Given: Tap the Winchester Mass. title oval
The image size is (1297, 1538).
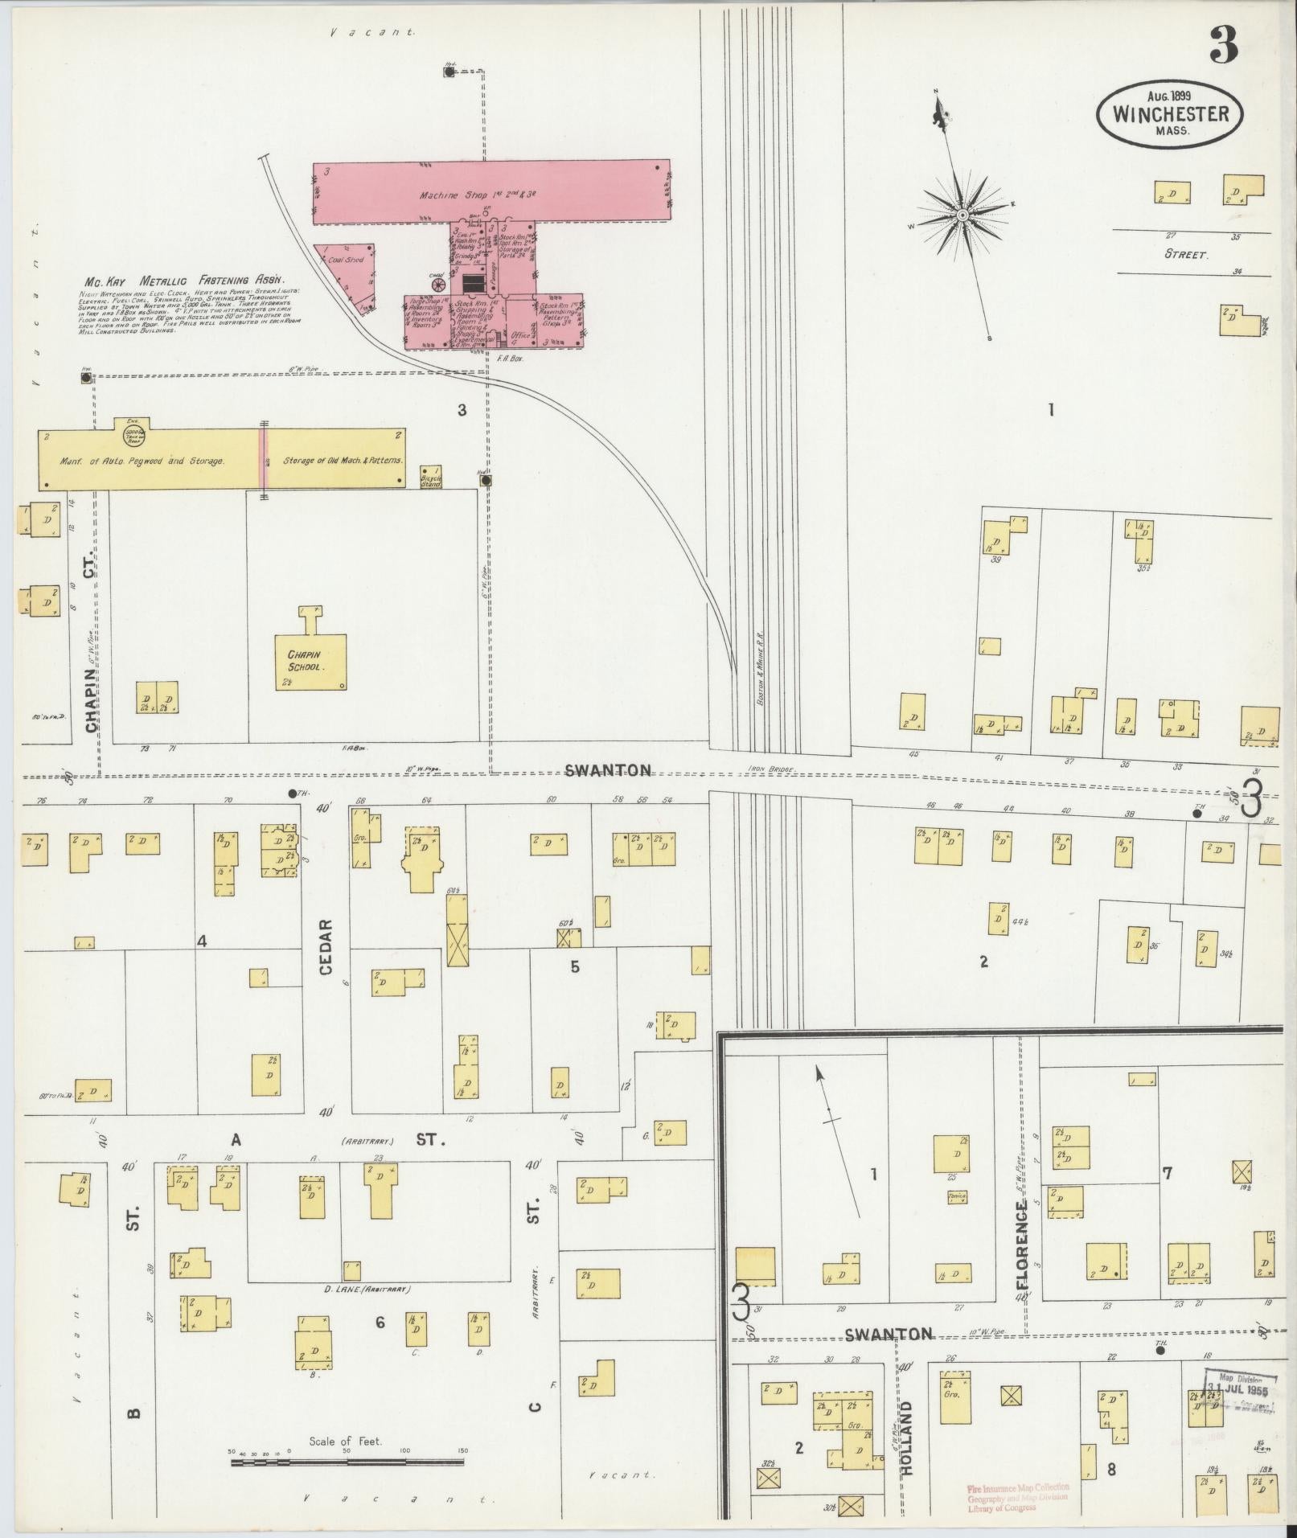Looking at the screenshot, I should coord(1170,115).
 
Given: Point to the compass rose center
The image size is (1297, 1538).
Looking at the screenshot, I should coord(962,215).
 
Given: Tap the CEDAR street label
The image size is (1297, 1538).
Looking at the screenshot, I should coord(326,947).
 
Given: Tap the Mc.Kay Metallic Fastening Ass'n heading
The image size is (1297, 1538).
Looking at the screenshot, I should coord(185,281).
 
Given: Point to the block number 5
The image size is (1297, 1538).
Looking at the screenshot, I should coord(574,966).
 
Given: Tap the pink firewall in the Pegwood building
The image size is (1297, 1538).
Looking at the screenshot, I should coord(262,458).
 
